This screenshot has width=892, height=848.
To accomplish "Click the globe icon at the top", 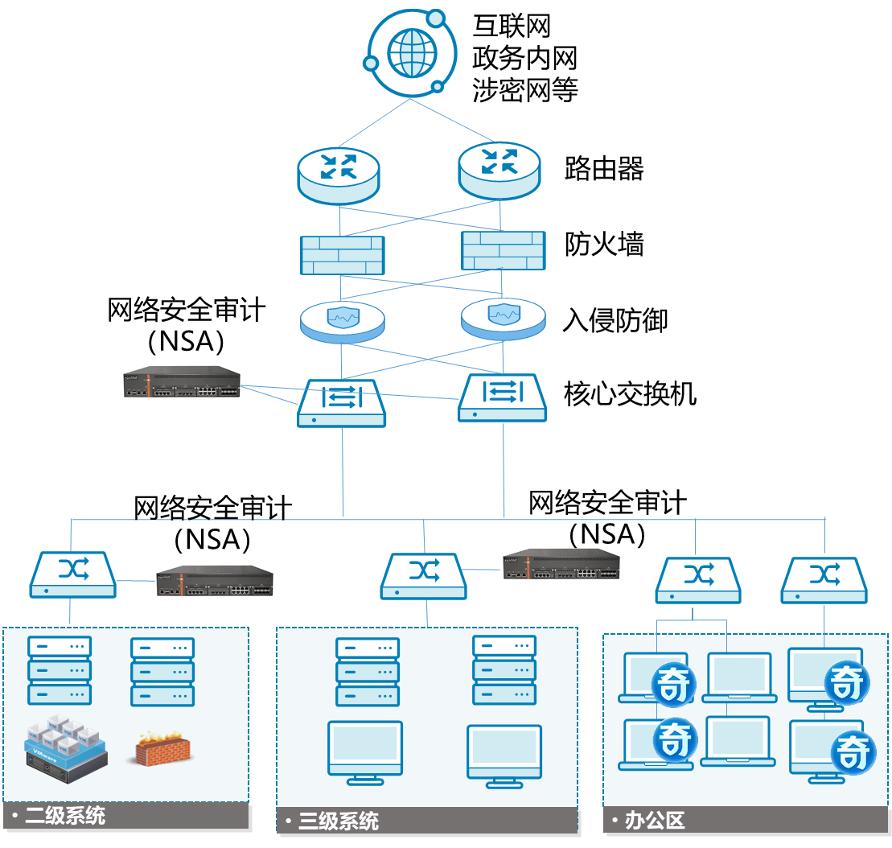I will (409, 52).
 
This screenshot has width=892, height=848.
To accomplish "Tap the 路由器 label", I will (604, 170).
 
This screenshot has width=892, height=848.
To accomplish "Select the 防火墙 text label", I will (604, 244).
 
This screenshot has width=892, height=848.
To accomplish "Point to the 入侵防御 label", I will (615, 320).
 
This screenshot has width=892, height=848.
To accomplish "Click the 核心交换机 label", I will (630, 394).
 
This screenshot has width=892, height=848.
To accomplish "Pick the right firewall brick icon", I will (503, 249).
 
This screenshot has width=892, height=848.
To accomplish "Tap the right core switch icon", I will (503, 397).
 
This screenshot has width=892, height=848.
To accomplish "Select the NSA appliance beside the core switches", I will (182, 381).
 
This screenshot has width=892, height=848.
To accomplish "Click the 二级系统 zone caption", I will (64, 816).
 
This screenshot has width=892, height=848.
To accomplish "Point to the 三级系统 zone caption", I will (338, 821).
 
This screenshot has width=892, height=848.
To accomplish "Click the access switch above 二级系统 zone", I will (72, 574).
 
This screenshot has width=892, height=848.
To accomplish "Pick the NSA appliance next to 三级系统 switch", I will (561, 563).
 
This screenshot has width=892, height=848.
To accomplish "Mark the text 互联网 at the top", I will (512, 27).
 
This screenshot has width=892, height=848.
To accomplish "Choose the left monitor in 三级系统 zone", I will (365, 751).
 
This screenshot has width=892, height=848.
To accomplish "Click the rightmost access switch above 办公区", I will (824, 579).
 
